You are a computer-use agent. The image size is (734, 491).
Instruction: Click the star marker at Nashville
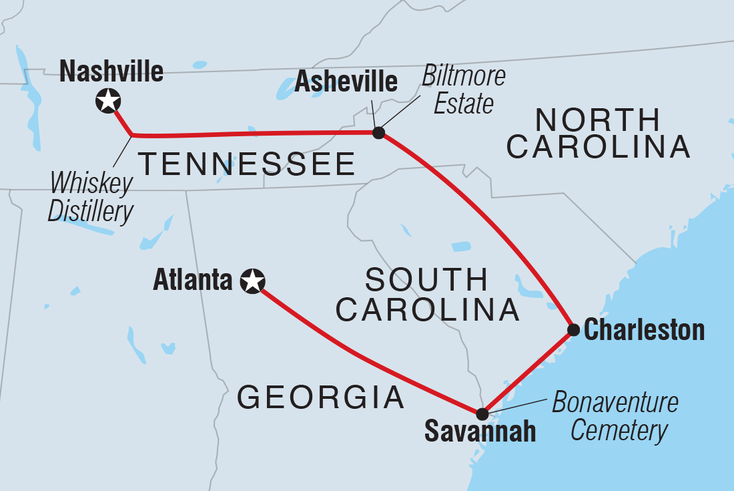108,102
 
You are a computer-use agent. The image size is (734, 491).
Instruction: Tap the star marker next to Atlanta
252,281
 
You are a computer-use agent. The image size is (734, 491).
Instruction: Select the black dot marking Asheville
378,133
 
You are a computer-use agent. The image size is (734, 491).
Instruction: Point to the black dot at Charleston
573,329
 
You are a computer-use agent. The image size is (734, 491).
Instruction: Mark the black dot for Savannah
482,414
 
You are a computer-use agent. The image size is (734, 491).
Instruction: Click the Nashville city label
111,71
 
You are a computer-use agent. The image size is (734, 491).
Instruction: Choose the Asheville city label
346,82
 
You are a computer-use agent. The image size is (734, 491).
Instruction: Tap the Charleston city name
644,330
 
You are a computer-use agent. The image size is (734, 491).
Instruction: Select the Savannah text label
480,432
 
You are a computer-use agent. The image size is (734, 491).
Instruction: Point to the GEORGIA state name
321,398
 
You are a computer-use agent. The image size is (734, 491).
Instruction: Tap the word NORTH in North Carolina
598,120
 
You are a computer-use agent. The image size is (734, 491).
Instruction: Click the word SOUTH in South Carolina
426,280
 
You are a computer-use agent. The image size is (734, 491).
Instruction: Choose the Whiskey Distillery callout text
92,198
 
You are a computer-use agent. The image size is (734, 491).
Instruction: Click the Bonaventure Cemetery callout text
615,417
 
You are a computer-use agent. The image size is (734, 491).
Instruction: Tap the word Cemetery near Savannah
619,431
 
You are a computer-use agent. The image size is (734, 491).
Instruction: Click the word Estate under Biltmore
463,104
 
